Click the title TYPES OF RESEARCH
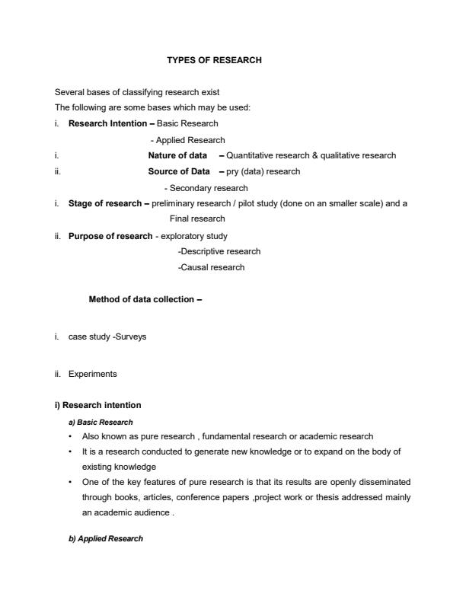pos(214,60)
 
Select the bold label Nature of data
pos(177,155)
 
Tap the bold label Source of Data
pos(179,171)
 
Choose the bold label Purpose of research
pos(110,236)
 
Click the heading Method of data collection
pos(145,299)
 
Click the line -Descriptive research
pos(219,251)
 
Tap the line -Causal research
pos(211,267)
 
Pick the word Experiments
pos(93,374)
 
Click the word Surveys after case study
pos(130,337)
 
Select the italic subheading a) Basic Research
pos(101,422)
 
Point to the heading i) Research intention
pos(97,405)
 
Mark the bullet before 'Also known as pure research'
pos(71,436)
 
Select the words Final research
pos(197,219)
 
